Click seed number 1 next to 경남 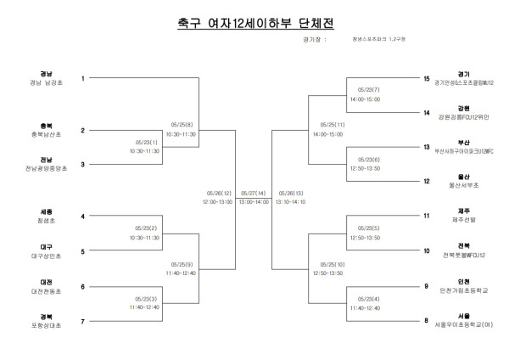pyautogui.click(x=83, y=78)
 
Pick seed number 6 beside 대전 pyautogui.click(x=83, y=286)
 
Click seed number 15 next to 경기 pyautogui.click(x=428, y=78)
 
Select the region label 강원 pyautogui.click(x=463, y=108)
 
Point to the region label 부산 pyautogui.click(x=463, y=143)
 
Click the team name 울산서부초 pyautogui.click(x=463, y=184)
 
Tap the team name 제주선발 pyautogui.click(x=463, y=220)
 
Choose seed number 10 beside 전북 pyautogui.click(x=428, y=251)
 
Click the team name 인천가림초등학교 pyautogui.click(x=463, y=290)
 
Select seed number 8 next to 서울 pyautogui.click(x=428, y=321)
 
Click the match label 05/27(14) pyautogui.click(x=253, y=193)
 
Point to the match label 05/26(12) pyautogui.click(x=218, y=193)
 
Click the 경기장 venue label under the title pyautogui.click(x=312, y=39)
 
